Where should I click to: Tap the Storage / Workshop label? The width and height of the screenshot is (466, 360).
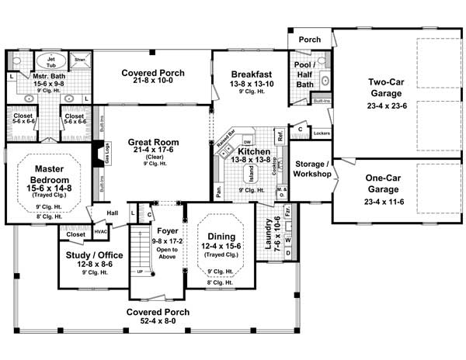click(x=312, y=168)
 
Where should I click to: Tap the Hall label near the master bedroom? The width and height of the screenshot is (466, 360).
click(x=113, y=212)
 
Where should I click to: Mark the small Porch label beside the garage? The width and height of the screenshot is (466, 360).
click(x=310, y=39)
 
